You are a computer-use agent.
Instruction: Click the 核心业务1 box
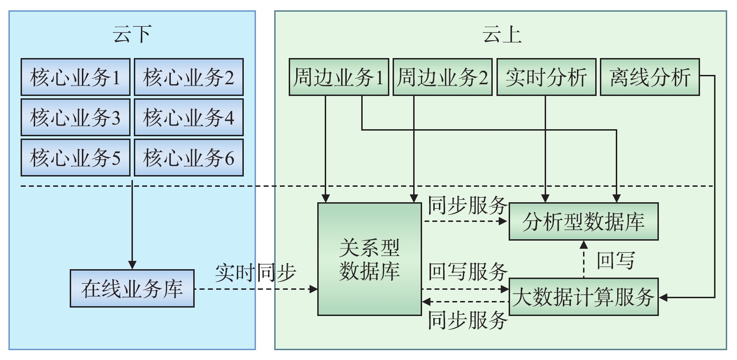[75, 77]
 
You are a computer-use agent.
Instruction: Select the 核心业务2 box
[189, 77]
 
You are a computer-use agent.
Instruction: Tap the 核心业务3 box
[75, 117]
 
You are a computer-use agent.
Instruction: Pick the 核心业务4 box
[189, 117]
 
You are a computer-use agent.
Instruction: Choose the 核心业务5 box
[75, 157]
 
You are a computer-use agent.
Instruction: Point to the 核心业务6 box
[189, 157]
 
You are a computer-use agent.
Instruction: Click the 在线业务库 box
[132, 288]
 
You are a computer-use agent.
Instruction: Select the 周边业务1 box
[339, 77]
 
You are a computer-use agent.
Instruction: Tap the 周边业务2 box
[442, 77]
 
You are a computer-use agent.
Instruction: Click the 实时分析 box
[546, 77]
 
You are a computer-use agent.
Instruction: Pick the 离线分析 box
[649, 77]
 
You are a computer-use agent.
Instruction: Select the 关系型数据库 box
[370, 259]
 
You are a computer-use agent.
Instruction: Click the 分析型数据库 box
[584, 221]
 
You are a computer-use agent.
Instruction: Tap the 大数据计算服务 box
[584, 297]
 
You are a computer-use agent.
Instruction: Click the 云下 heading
[132, 35]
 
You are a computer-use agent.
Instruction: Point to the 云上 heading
[502, 35]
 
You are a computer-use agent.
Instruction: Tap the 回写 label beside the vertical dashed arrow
[615, 260]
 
